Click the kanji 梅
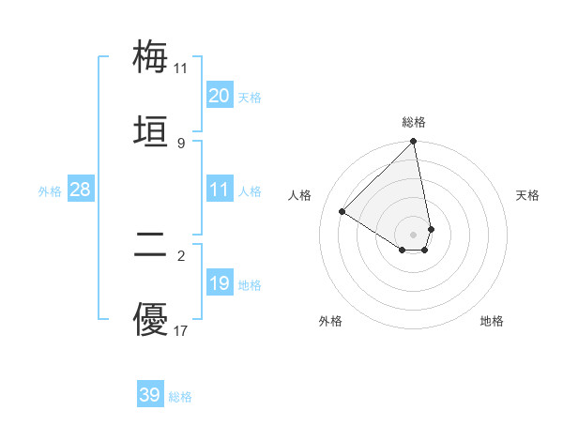[151, 56]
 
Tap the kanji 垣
[151, 131]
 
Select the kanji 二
[151, 244]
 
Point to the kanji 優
[151, 319]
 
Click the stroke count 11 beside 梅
[181, 68]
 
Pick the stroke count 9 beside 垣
[181, 143]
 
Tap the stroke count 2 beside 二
[181, 255]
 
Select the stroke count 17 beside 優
[181, 330]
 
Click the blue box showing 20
[220, 96]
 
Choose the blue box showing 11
[220, 190]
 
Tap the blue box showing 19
[220, 283]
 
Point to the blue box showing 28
[81, 190]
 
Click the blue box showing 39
[150, 395]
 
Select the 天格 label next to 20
[250, 98]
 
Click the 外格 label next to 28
[50, 191]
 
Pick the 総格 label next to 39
[180, 397]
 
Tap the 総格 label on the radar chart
[414, 122]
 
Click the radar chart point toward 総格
[414, 143]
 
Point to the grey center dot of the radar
[414, 234]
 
